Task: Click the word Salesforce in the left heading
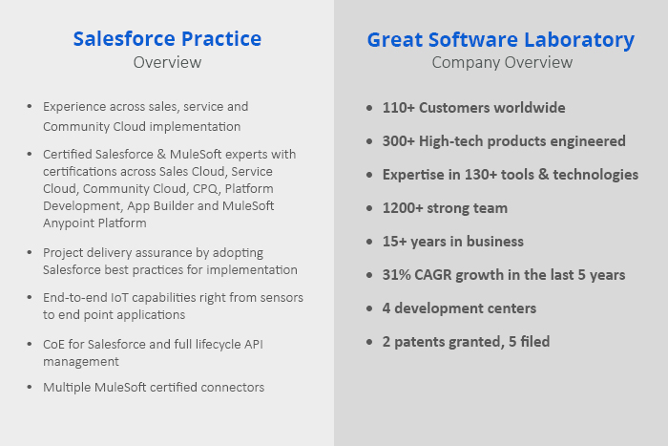118,39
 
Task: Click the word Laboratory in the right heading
579,40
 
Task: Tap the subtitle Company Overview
502,63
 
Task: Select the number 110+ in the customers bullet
398,108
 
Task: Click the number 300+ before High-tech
398,141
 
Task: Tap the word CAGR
433,275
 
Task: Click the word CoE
53,345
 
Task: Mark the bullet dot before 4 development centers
369,308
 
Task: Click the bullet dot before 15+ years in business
369,242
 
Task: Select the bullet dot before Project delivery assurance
30,253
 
